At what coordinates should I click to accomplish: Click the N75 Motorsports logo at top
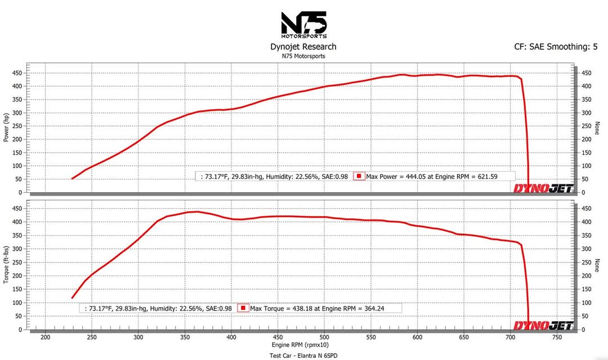(303, 25)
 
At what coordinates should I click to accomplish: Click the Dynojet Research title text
(303, 47)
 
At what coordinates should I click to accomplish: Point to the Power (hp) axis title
(7, 126)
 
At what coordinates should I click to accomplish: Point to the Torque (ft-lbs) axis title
(7, 264)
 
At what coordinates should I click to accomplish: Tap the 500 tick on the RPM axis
(324, 337)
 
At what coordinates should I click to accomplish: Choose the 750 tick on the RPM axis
(556, 337)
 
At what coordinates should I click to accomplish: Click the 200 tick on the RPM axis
(45, 337)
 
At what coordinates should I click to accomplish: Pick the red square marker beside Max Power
(359, 176)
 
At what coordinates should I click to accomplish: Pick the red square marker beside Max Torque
(243, 308)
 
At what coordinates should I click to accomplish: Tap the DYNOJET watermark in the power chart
(543, 188)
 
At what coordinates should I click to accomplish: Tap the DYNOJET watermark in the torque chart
(543, 326)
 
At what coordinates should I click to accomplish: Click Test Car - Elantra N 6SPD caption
(303, 355)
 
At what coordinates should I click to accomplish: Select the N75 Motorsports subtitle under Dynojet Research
(303, 56)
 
